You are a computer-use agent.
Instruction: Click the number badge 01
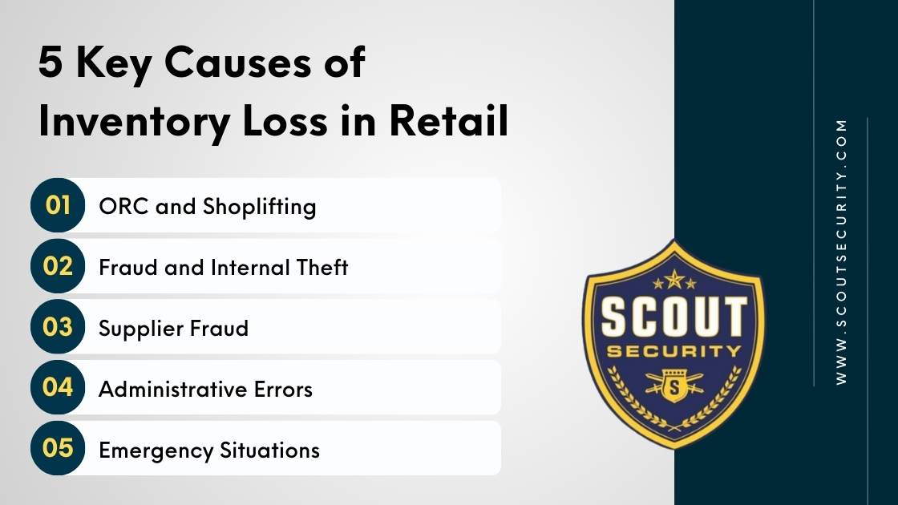pyautogui.click(x=58, y=205)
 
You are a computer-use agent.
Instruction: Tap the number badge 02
pyautogui.click(x=58, y=266)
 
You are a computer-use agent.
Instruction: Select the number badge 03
pyautogui.click(x=58, y=327)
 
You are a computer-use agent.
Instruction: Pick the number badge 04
pyautogui.click(x=58, y=387)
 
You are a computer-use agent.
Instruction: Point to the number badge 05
pyautogui.click(x=58, y=448)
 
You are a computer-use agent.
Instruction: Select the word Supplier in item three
pyautogui.click(x=140, y=329)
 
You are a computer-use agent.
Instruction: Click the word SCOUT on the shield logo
pyautogui.click(x=673, y=318)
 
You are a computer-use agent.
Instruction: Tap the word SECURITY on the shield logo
pyautogui.click(x=673, y=351)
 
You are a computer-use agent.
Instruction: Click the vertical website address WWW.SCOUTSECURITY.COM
pyautogui.click(x=841, y=252)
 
